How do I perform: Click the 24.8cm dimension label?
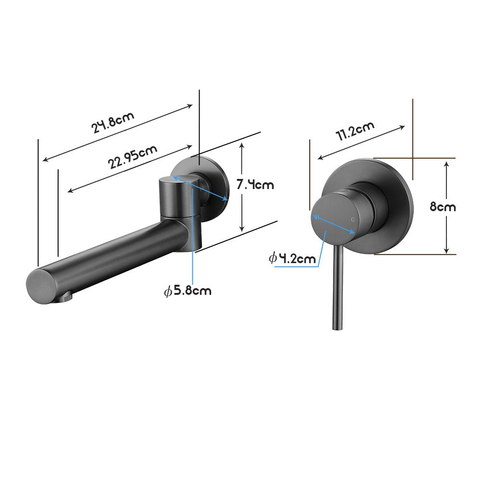113,122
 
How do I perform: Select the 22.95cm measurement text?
132,157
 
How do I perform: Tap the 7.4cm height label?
255,184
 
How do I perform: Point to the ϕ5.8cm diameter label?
188,291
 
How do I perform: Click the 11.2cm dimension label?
355,131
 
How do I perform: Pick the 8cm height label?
443,207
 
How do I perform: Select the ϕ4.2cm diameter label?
292,258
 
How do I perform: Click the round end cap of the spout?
42,285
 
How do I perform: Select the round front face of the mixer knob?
333,218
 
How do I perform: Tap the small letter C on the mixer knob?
354,219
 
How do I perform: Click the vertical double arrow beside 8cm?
447,207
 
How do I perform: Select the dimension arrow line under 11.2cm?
361,142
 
